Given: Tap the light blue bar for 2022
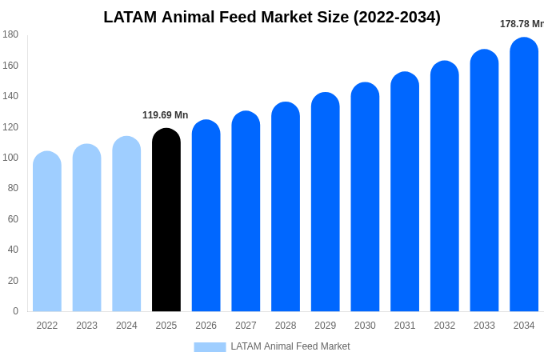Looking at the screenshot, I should tap(47, 231).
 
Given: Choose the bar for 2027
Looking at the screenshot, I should tap(246, 211).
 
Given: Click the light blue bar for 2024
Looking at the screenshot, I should tap(126, 224).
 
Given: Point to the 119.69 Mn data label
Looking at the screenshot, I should tap(165, 115).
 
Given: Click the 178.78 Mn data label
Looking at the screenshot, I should tap(521, 24).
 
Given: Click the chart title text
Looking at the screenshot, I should tap(272, 17).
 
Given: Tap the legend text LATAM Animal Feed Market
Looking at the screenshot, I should tap(290, 346).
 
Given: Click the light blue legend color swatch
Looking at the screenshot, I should tap(210, 346).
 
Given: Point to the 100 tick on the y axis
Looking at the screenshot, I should tap(10, 158).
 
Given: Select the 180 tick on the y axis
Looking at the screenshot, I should tap(10, 34).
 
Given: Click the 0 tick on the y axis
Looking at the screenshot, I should tap(15, 311).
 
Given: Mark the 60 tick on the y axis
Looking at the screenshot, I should tap(13, 219).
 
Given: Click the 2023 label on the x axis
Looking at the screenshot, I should tap(86, 326).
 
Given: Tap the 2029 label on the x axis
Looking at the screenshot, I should tap(325, 326).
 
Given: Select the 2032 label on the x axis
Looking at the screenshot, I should tap(444, 326).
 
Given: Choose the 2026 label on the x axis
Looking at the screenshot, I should tap(206, 326).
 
